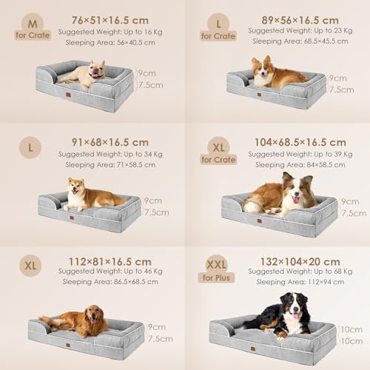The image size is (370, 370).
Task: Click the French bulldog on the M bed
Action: pos(84,75)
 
